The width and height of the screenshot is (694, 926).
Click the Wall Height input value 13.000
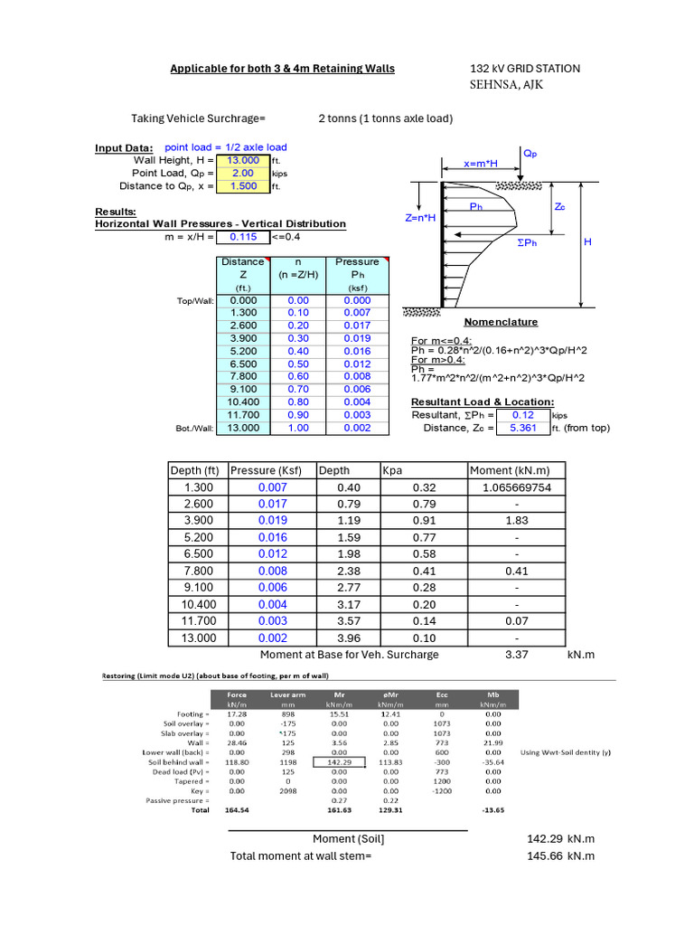coord(243,160)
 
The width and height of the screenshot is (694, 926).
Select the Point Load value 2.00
coord(243,173)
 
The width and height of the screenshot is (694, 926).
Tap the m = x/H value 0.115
coord(243,237)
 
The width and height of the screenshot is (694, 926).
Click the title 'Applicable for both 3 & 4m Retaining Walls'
coord(283,69)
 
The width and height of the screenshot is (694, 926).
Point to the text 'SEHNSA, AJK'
coord(507,85)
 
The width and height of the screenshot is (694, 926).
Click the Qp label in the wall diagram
coord(530,154)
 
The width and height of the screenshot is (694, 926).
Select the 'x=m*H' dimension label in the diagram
coord(482,165)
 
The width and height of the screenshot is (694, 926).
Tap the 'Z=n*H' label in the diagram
coord(420,218)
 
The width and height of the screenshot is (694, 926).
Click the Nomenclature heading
coord(501,322)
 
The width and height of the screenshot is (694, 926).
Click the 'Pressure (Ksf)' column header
coord(266,470)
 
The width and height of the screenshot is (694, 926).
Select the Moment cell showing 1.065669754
coord(517,487)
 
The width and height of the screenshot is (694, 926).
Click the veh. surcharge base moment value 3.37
coord(517,655)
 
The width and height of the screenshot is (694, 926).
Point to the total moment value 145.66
coord(545,855)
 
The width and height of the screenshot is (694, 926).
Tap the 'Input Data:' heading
coord(124,148)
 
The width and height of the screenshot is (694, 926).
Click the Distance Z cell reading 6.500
coord(242,364)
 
